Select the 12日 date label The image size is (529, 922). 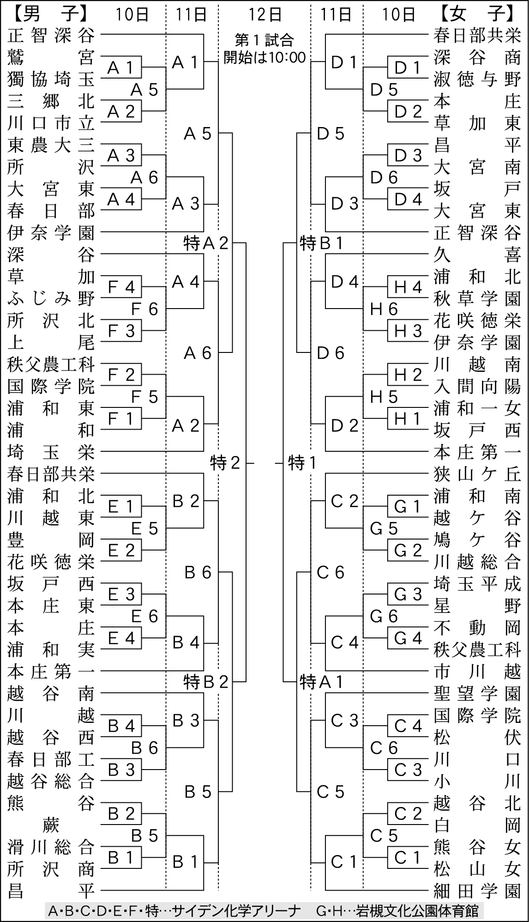(264, 14)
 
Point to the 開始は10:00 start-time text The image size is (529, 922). (264, 57)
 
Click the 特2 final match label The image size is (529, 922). (225, 462)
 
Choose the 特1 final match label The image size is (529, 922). (303, 462)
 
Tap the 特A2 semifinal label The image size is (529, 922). (206, 243)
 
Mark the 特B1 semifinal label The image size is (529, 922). (322, 243)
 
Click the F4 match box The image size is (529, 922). (121, 287)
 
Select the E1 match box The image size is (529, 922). (121, 507)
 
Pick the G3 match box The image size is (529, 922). (408, 594)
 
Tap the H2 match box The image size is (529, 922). (408, 375)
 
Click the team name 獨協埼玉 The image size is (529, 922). (51, 80)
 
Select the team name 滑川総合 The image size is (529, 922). (51, 847)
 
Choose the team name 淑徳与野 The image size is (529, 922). (477, 80)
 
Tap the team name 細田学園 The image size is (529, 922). (477, 890)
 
